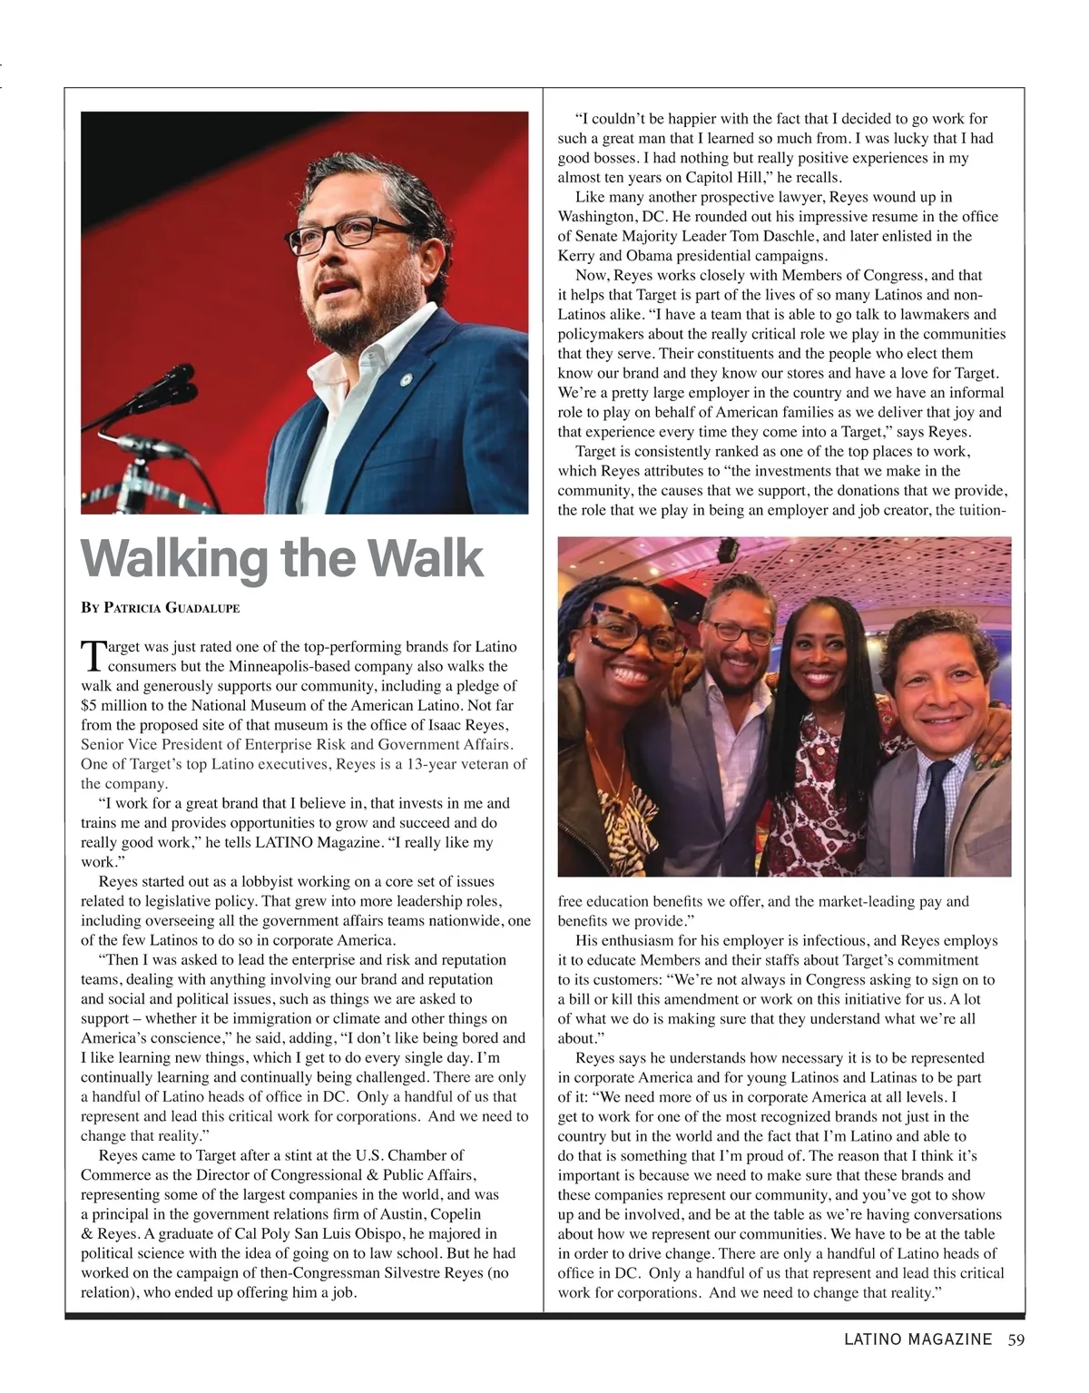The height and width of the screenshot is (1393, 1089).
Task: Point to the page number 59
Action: click(x=1015, y=1339)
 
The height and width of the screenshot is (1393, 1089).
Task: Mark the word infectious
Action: click(x=833, y=941)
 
